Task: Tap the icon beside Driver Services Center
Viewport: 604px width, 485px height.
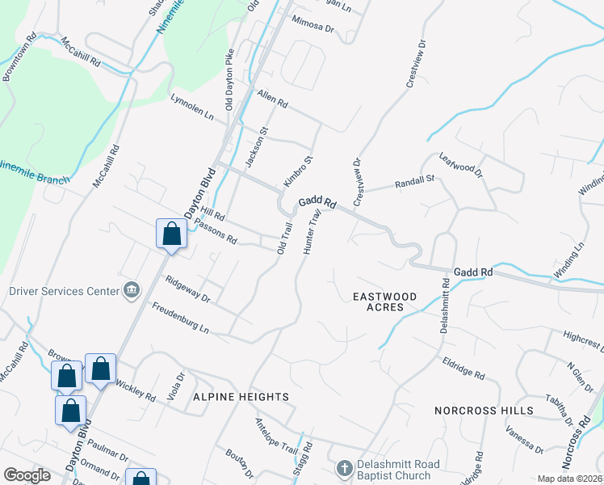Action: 131,290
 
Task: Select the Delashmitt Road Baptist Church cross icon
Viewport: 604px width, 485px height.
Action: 344,468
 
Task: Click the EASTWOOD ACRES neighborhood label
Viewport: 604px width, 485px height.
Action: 385,302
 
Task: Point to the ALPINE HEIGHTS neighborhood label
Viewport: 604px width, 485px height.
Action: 241,397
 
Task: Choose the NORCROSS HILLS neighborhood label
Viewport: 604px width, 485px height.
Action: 484,411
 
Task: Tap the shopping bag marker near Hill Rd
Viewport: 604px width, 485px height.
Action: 171,234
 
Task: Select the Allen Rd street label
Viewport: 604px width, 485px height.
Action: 272,99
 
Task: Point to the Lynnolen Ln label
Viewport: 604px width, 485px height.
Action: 191,107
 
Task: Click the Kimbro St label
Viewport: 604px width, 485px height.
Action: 297,169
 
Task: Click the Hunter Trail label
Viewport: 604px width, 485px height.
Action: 312,233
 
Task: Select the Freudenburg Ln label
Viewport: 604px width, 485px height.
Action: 182,318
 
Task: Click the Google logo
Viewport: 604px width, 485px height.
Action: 27,475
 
